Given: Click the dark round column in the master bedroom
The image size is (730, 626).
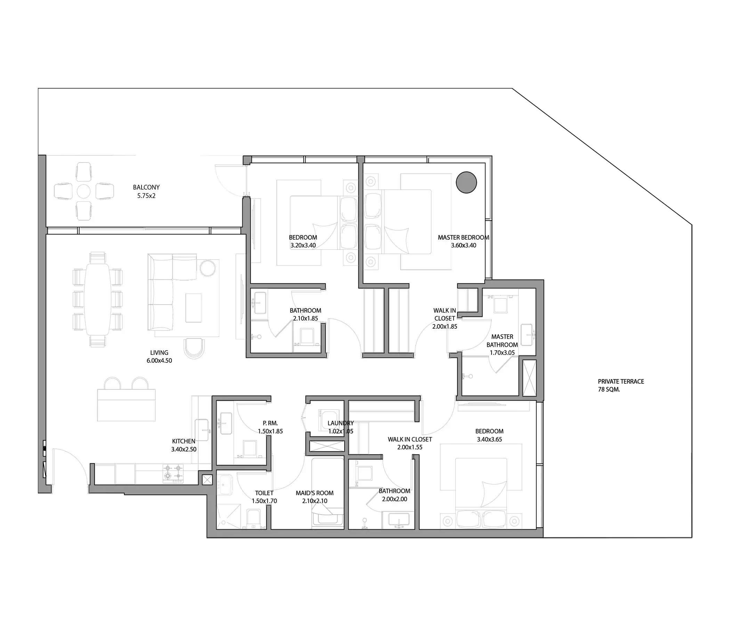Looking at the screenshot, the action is pos(466,182).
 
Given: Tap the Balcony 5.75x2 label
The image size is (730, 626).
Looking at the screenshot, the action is pos(146,191).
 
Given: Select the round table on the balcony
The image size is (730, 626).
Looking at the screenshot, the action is pos(83,191).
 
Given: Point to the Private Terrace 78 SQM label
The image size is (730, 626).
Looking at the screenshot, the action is pos(621,385).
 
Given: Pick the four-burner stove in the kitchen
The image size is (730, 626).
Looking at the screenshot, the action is pos(173,473).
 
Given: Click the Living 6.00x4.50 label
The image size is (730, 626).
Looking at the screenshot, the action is pos(159,356).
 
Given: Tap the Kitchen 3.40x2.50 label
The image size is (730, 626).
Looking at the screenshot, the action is pos(184,445).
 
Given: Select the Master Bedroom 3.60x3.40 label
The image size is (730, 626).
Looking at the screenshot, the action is pos(463,241).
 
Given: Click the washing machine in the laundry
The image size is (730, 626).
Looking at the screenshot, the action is pos(329,420).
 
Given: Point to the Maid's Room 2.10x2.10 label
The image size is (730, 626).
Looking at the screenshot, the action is pos(315,497).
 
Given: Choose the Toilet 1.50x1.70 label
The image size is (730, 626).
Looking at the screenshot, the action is pos(264,497).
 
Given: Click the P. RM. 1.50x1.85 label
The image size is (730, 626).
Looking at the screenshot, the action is pos(270,427).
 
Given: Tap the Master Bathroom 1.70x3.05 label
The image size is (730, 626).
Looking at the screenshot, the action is pos(502,344).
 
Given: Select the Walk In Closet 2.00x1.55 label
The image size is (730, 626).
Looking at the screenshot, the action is pos(410,443).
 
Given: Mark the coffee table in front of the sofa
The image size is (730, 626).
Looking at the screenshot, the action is pos(193,308).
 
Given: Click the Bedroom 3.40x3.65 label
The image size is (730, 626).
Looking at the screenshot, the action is pos(489,435).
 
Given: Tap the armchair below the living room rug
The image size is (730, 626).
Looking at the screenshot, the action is pos(194,348).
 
